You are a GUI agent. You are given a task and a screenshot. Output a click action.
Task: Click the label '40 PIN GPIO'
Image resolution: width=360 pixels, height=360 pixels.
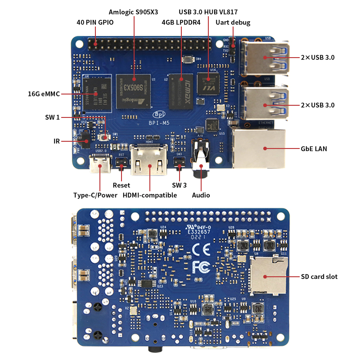[x=95, y=22]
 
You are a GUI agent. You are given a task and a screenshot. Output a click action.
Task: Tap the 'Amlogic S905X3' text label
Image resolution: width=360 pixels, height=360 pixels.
[x=134, y=11]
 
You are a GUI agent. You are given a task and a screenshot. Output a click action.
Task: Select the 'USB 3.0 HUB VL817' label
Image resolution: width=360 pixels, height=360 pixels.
[x=208, y=11]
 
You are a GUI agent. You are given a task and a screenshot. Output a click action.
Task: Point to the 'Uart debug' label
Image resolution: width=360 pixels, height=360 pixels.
[x=233, y=22]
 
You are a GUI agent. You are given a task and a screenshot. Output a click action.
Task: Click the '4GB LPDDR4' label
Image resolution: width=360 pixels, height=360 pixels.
[x=181, y=22]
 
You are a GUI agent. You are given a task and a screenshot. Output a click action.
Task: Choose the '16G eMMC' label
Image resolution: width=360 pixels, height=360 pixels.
[x=44, y=94]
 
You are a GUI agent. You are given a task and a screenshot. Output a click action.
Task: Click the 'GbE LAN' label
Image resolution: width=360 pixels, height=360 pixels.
[x=314, y=148]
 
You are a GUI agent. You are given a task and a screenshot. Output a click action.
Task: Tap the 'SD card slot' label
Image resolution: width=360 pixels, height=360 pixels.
[x=319, y=276]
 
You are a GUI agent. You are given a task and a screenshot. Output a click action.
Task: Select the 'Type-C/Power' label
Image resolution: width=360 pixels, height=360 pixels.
[x=95, y=195]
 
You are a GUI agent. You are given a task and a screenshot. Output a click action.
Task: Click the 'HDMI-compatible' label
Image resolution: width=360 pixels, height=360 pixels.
[x=150, y=195]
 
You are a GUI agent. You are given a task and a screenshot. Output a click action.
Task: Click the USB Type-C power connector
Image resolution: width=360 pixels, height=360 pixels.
[x=99, y=164]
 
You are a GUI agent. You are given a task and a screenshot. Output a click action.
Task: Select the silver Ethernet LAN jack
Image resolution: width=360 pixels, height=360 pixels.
[x=259, y=148]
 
